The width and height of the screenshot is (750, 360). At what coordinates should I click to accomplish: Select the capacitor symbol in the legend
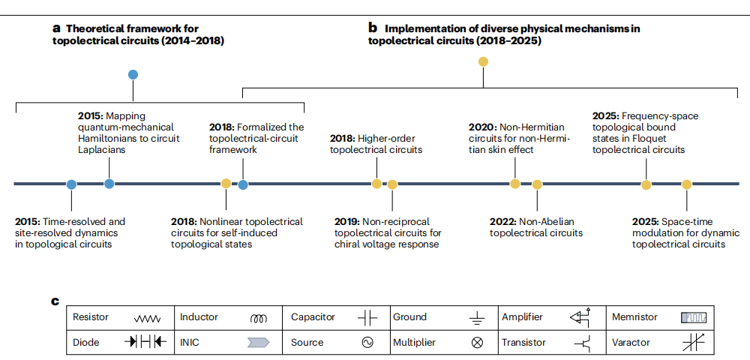tap(367, 318)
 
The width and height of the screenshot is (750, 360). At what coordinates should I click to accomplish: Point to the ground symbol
tap(476, 318)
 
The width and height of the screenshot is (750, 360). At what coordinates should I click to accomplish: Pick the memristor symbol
tap(694, 317)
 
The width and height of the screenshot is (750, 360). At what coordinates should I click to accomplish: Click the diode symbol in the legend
tap(146, 341)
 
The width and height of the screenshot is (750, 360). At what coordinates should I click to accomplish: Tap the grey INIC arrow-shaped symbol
tap(258, 342)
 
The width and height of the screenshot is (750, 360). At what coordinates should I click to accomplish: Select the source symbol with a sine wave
tap(367, 342)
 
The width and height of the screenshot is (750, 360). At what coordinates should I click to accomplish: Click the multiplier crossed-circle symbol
tap(477, 342)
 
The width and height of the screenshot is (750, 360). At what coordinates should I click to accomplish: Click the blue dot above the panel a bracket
tap(133, 74)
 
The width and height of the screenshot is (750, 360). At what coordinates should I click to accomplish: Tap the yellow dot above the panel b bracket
tap(483, 61)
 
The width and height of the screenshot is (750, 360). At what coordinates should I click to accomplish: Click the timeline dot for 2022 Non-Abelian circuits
tap(537, 184)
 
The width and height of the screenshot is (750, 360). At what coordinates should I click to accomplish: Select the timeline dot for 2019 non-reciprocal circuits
tap(392, 184)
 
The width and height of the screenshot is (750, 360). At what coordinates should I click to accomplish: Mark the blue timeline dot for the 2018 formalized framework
tap(243, 184)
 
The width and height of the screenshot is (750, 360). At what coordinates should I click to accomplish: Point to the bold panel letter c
tap(55, 301)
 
